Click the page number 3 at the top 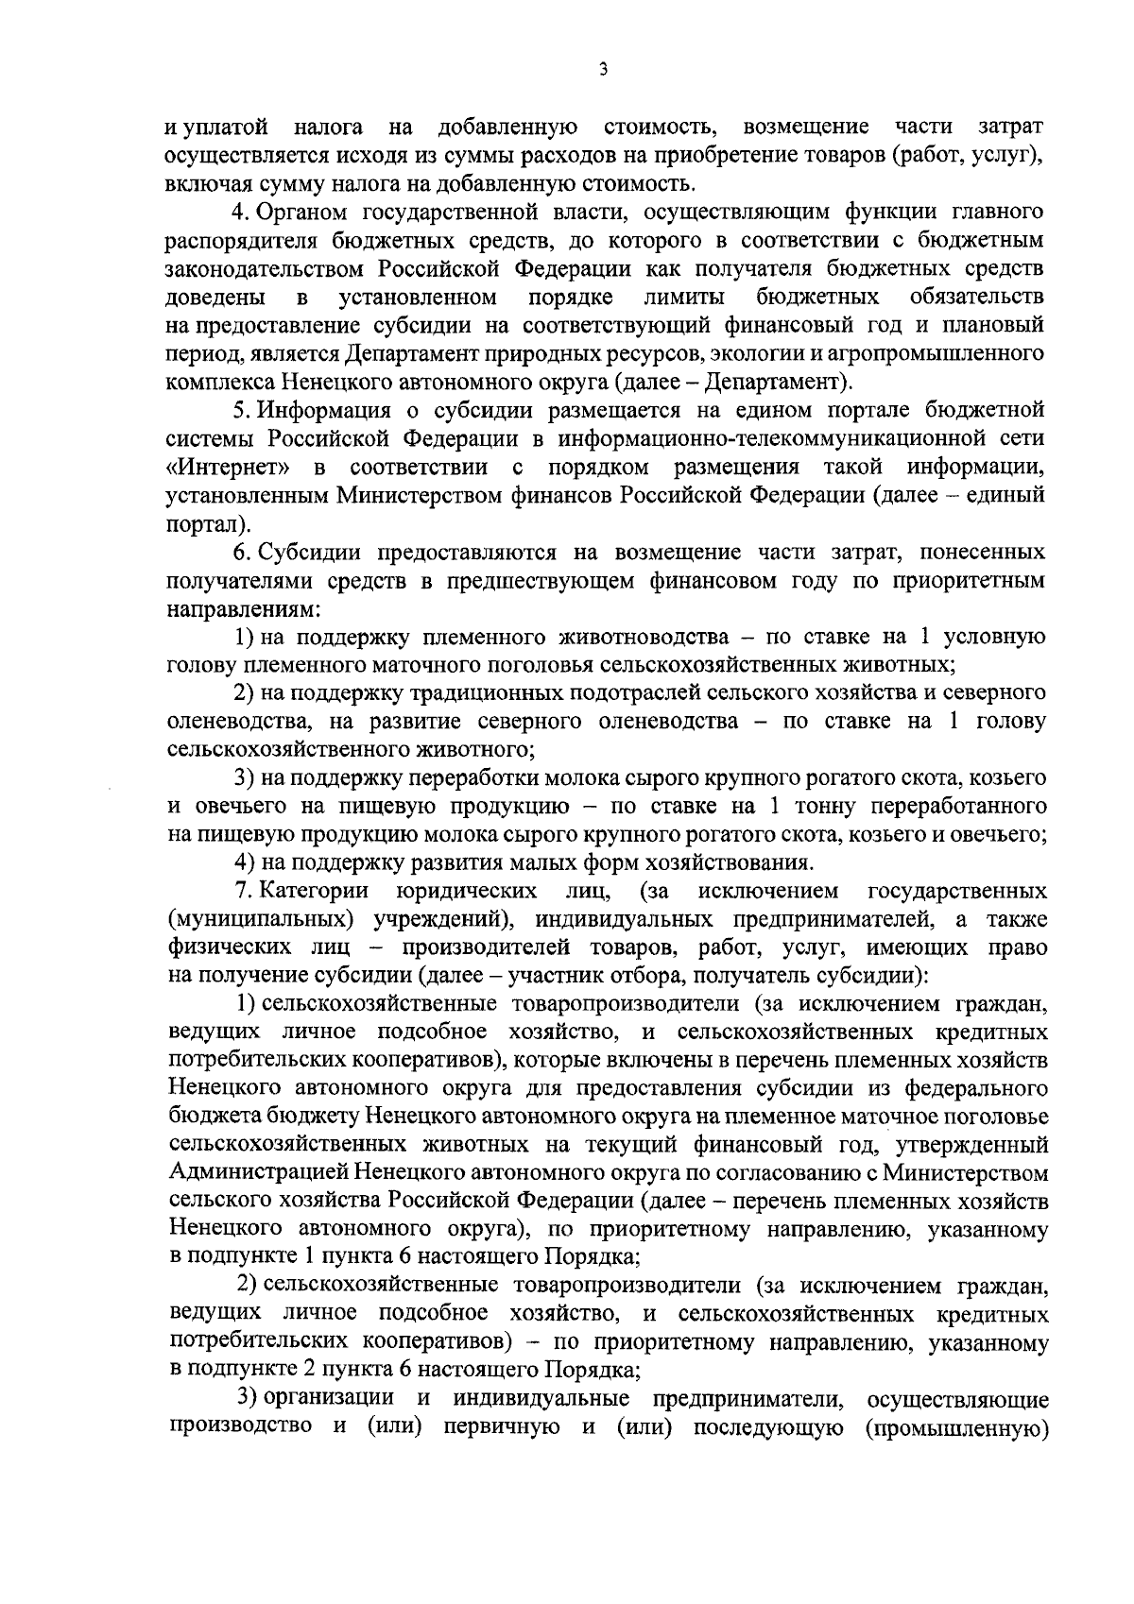point(602,69)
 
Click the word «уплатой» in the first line point(223,127)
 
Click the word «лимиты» point(684,299)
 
